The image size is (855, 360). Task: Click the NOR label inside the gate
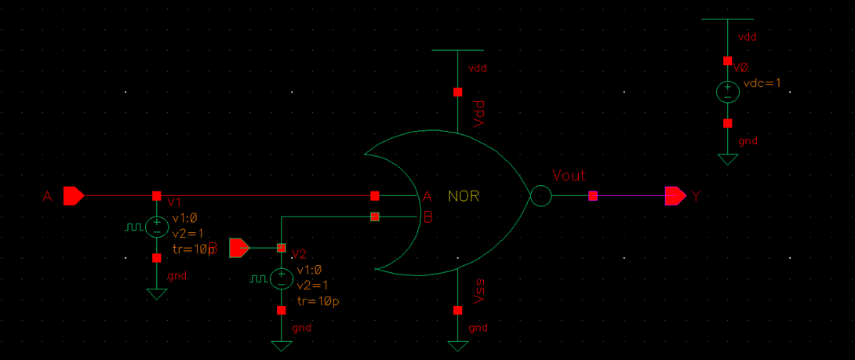pyautogui.click(x=463, y=195)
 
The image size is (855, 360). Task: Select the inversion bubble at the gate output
pyautogui.click(x=540, y=195)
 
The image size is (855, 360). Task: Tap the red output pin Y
pyautogui.click(x=675, y=195)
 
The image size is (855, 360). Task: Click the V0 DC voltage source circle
pyautogui.click(x=728, y=92)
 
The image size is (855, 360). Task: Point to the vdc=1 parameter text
pyautogui.click(x=762, y=82)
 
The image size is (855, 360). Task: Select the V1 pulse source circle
pyautogui.click(x=157, y=227)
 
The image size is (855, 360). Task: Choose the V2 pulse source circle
pyautogui.click(x=281, y=278)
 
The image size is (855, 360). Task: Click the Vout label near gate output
pyautogui.click(x=568, y=176)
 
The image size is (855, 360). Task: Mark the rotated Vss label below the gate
pyautogui.click(x=480, y=293)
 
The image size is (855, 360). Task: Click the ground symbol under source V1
pyautogui.click(x=157, y=293)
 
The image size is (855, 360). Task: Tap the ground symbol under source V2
pyautogui.click(x=281, y=345)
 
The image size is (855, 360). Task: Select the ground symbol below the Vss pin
pyautogui.click(x=457, y=345)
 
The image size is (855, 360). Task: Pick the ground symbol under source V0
pyautogui.click(x=728, y=159)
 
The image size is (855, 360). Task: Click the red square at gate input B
pyautogui.click(x=375, y=216)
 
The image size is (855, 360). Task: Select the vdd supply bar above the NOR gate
pyautogui.click(x=457, y=50)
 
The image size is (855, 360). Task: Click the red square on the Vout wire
pyautogui.click(x=593, y=195)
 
